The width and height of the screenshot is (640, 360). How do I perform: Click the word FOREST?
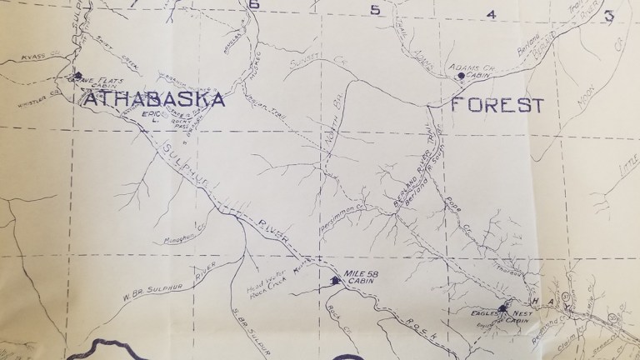click(x=497, y=106)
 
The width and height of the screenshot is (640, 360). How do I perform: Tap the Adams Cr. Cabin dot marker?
click(x=460, y=77)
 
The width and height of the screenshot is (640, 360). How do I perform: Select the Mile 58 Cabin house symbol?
click(x=336, y=282)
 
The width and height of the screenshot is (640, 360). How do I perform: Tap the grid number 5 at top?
click(x=375, y=10)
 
